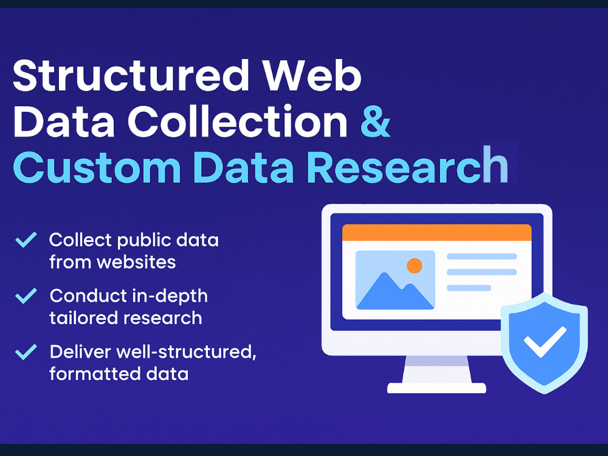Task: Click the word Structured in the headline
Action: (131, 75)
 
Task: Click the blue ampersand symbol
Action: (375, 122)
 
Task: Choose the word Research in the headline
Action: (407, 165)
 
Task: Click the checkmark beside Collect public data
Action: (26, 240)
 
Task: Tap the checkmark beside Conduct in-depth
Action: (26, 296)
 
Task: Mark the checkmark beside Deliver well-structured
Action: (26, 352)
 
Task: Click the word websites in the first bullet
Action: (136, 262)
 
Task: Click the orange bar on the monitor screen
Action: (437, 233)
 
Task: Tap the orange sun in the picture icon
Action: (415, 266)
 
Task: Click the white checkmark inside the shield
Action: (545, 341)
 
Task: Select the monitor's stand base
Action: (437, 388)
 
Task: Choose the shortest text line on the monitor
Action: (469, 288)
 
